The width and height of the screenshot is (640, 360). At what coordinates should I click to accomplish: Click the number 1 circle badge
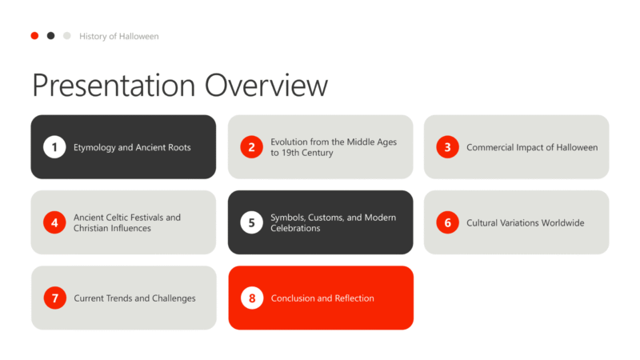coord(54,147)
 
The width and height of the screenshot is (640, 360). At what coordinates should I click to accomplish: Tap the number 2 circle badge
coord(251,147)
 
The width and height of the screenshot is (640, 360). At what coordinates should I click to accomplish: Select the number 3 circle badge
coord(447,147)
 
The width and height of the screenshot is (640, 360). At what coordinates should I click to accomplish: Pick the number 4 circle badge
coord(54,222)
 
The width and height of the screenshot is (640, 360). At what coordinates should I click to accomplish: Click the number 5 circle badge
coord(251,222)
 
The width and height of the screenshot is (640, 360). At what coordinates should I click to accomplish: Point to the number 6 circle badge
coord(447,222)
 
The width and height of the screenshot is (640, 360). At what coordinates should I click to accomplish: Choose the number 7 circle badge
coord(54,298)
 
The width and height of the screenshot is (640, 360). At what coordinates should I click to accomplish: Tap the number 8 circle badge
coord(252,298)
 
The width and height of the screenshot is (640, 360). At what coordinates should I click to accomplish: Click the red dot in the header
coord(34,36)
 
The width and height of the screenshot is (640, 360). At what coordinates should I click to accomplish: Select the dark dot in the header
coord(50,36)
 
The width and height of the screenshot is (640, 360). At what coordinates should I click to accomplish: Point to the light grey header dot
coord(67,36)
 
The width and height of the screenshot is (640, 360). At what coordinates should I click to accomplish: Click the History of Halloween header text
coord(118,36)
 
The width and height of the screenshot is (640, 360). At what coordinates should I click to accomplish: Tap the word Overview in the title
coord(266,86)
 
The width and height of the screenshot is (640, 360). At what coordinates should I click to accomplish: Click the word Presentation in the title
coord(114,86)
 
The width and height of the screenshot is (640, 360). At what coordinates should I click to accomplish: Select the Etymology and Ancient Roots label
coord(132,147)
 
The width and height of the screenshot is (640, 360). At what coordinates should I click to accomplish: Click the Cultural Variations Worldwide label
coord(526,223)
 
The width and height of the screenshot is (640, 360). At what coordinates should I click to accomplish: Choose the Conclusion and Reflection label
coord(322,298)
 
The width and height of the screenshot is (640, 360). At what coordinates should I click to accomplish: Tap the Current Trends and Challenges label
coord(134,298)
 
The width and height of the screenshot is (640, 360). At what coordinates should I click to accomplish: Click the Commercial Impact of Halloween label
coord(532,147)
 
